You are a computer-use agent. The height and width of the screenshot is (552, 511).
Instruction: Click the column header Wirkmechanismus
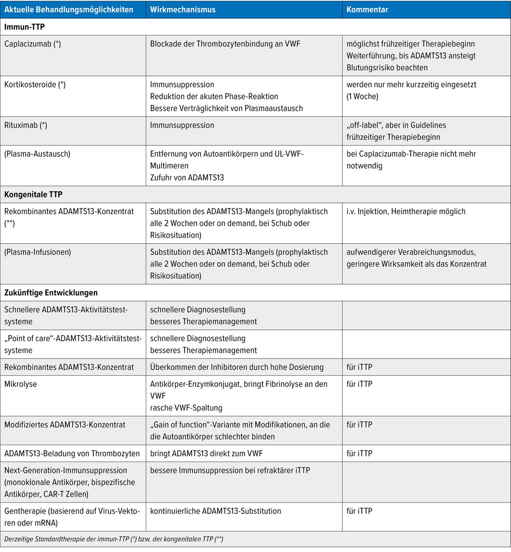coord(183,9)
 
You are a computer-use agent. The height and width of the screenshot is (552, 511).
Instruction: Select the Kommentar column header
coord(367,9)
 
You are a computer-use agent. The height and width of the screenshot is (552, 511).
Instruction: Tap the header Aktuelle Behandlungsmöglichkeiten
coord(68,9)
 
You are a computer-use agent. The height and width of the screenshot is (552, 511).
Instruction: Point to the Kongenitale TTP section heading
coord(33,194)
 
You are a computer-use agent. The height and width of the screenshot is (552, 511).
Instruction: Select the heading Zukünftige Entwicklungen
coord(51,292)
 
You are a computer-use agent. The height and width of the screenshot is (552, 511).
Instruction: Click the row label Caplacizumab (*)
coord(32,43)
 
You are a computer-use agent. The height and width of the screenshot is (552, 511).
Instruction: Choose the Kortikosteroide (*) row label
coord(35,84)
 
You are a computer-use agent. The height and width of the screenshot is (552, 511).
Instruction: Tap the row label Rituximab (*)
coord(26,125)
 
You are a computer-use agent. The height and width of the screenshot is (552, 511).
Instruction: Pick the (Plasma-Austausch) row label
coord(37,154)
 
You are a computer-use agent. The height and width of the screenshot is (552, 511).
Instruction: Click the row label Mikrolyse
coord(20,384)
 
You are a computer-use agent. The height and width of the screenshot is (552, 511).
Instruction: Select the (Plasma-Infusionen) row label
coord(37,252)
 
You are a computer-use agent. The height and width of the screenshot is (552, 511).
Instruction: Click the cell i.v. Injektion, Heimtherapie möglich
coord(406,211)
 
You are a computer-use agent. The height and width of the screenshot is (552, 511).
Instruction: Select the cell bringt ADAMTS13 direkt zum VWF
coord(206,454)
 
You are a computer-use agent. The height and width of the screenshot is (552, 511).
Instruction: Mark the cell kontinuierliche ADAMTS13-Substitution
coord(216,511)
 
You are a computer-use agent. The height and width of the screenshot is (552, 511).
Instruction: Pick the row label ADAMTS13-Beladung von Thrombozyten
coord(72,454)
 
